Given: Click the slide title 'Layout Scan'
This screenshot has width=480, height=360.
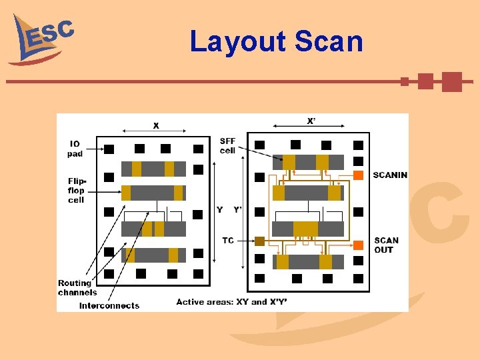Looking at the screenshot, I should [276, 41].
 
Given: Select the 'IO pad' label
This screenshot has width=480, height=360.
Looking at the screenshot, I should [75, 149].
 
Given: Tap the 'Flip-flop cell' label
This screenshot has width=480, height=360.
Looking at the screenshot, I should [77, 190].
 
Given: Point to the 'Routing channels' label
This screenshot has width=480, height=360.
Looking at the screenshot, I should [77, 287].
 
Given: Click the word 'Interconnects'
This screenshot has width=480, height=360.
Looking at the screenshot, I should [109, 306].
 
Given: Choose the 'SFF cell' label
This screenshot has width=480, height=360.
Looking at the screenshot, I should [228, 145].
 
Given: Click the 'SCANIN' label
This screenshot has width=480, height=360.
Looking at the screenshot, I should [390, 175].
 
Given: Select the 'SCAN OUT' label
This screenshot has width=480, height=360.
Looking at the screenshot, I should [387, 245].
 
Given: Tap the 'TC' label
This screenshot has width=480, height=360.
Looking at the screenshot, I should [228, 241].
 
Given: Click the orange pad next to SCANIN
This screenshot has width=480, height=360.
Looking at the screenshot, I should [358, 175].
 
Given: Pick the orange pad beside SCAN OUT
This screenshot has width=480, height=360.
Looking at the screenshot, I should [358, 245].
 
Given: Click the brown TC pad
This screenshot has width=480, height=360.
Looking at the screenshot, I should [260, 241].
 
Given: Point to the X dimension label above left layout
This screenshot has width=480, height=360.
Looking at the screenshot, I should [156, 125].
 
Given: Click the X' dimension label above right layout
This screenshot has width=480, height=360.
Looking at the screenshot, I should [311, 121].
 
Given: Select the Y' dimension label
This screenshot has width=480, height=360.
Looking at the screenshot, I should [237, 210].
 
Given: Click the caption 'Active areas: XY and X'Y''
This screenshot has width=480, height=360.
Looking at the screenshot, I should [232, 302].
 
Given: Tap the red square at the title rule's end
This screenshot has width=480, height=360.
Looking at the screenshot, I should [451, 81].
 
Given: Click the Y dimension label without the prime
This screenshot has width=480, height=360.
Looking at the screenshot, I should [220, 210].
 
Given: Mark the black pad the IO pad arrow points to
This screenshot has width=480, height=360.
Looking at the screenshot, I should [109, 149].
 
